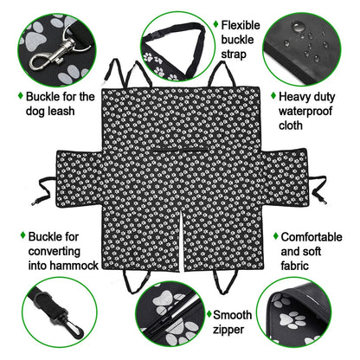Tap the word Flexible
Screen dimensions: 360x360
click(x=243, y=26)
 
